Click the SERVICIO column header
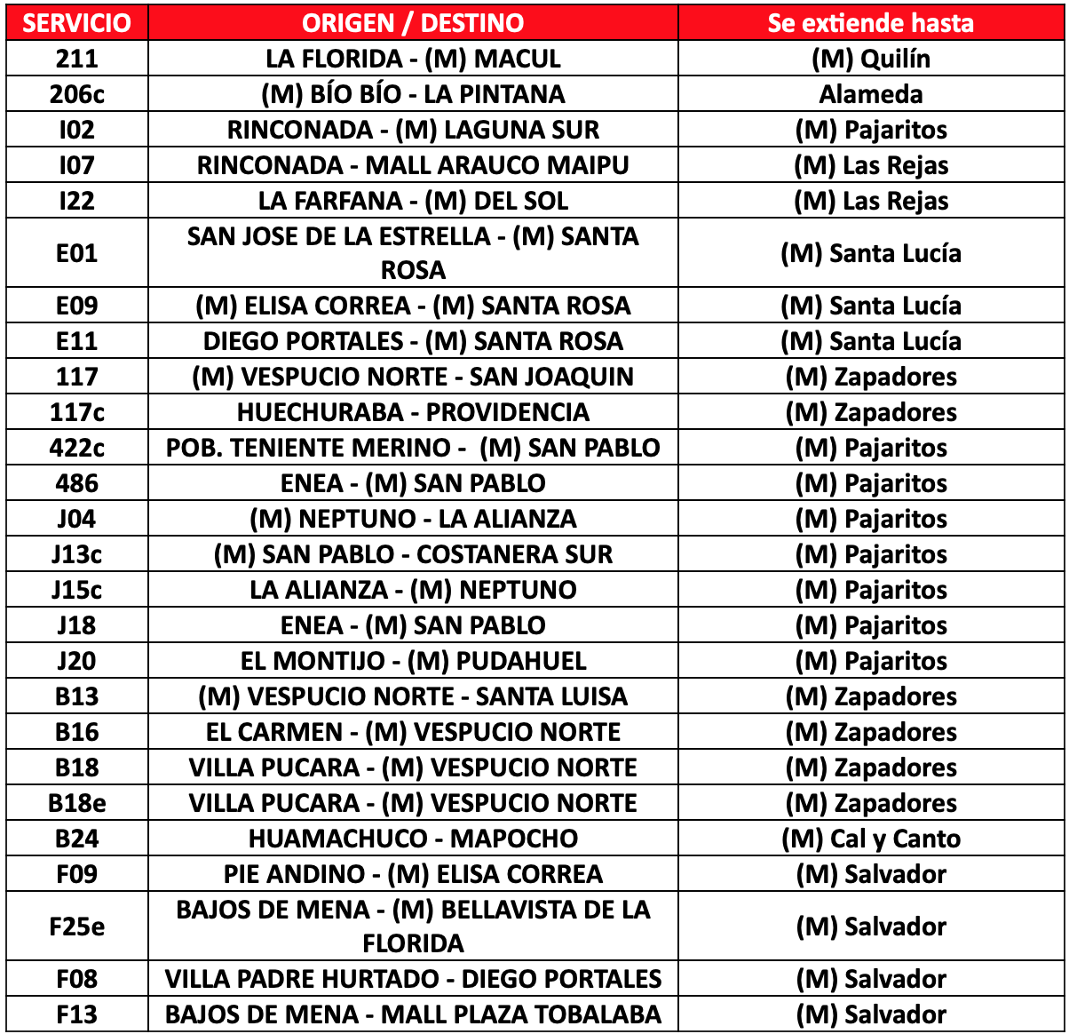point(76,23)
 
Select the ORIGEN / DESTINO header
point(413,23)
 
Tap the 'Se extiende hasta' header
point(871,23)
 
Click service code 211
point(76,59)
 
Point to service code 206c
point(76,94)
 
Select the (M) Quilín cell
point(871,59)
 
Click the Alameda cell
point(871,94)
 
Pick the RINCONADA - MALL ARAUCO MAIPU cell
point(413,165)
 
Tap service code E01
point(76,253)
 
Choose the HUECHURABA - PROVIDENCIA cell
point(413,412)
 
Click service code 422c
point(76,448)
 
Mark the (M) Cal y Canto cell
point(871,839)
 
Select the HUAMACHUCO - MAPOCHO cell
point(413,839)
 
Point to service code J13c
point(76,554)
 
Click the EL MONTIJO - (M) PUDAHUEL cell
point(413,661)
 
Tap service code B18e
point(76,803)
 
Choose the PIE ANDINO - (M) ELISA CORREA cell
point(413,874)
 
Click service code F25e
point(76,927)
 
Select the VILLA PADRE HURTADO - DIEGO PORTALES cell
point(413,979)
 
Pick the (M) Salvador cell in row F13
point(871,1014)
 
